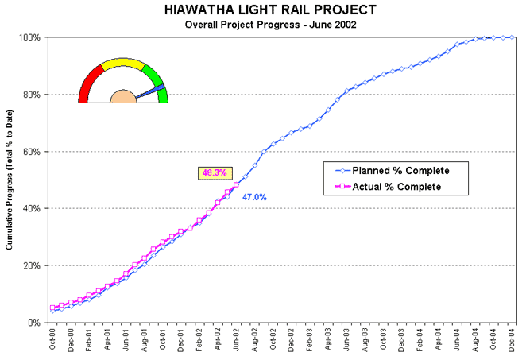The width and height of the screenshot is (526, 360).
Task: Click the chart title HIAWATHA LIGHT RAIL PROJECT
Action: point(270,10)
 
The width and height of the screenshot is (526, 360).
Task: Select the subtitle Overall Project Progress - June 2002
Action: point(270,25)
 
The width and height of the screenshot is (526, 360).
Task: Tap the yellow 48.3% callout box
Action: point(215,172)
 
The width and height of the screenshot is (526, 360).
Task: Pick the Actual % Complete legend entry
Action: point(389,187)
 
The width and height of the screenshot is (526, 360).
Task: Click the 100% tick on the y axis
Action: point(31,38)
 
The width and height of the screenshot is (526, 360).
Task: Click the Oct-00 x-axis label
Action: point(52,340)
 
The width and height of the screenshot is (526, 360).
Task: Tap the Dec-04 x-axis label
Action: point(512,340)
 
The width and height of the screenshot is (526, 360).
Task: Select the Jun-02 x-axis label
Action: point(236,340)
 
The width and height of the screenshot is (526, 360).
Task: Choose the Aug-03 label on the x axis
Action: point(365,340)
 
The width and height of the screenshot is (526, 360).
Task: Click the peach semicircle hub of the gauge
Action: point(123,97)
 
